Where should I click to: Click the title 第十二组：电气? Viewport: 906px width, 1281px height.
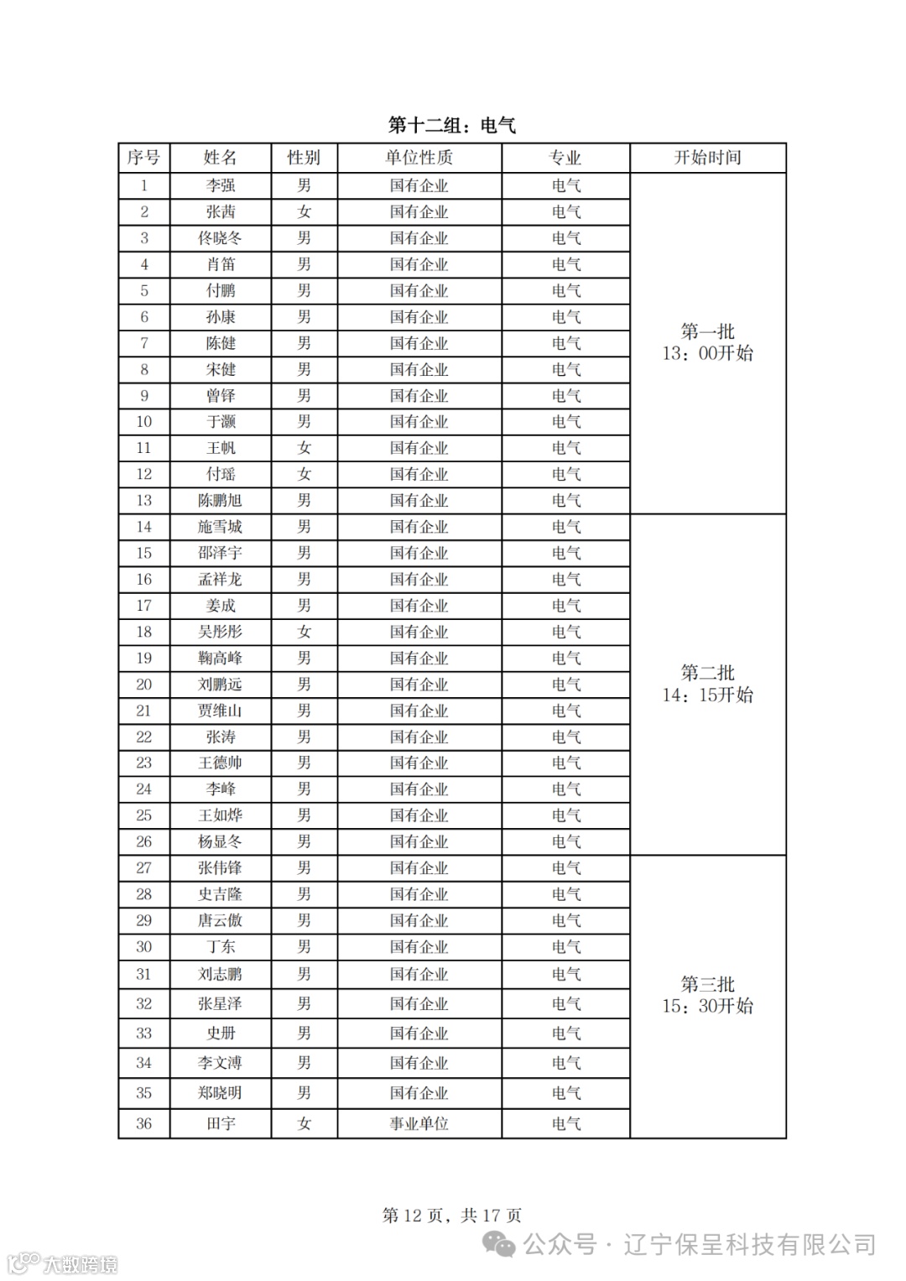(x=451, y=126)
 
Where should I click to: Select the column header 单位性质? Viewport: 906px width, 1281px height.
(x=419, y=158)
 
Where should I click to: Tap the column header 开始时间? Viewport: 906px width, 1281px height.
(x=707, y=158)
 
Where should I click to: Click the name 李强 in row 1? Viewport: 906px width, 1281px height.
(x=221, y=185)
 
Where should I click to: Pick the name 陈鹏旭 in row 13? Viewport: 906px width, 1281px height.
(x=220, y=501)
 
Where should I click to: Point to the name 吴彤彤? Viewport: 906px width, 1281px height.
(x=220, y=632)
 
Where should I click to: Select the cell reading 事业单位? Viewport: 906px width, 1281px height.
(x=419, y=1123)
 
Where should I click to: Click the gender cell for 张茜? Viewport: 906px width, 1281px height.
(x=304, y=212)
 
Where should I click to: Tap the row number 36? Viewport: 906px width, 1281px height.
(x=143, y=1123)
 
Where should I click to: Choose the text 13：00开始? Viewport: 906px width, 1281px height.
(x=707, y=354)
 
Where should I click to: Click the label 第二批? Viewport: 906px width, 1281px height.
(x=707, y=673)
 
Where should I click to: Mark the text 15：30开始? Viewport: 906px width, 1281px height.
(x=707, y=1006)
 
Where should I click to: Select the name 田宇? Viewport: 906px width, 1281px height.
(x=221, y=1123)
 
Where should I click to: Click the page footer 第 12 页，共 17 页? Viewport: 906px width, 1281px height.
(x=451, y=1215)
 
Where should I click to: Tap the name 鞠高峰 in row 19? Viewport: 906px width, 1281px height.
(x=220, y=659)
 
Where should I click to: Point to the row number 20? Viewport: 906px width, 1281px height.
(x=143, y=685)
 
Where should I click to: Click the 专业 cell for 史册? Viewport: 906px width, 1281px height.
(x=566, y=1034)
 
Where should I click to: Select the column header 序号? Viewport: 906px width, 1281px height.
(x=143, y=158)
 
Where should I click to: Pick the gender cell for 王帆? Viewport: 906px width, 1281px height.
(x=304, y=448)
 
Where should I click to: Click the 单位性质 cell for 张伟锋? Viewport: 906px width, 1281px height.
(x=419, y=868)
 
